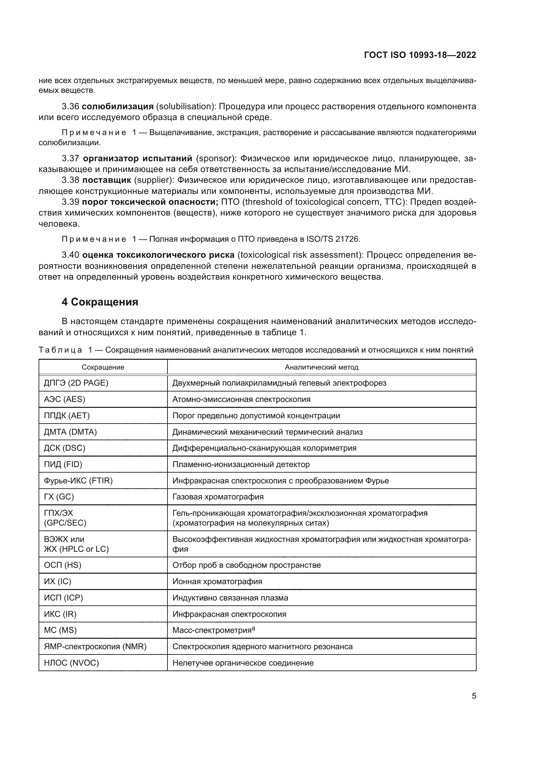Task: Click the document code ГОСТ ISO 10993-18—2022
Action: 420,55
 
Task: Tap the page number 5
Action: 474,696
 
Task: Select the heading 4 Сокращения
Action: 100,302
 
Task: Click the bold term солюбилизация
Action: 118,107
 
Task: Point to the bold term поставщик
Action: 107,180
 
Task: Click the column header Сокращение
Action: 103,367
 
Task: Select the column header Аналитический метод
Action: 322,367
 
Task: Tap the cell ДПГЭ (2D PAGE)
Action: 76,383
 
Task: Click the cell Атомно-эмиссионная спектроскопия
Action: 241,399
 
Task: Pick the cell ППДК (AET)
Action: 67,415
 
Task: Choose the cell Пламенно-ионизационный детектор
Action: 241,464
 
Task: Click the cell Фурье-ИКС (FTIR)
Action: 78,480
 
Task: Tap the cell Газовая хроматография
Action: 218,497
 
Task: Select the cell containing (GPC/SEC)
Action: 65,523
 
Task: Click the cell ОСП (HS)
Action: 62,565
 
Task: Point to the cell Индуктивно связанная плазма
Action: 230,598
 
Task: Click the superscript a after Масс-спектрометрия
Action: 253,628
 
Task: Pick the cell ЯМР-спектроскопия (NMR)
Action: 95,646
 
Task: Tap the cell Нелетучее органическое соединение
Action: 243,663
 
